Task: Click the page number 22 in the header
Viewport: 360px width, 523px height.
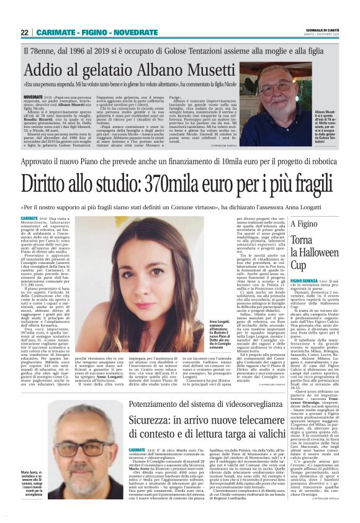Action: (24, 32)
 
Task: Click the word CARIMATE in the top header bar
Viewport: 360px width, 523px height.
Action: (56, 32)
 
